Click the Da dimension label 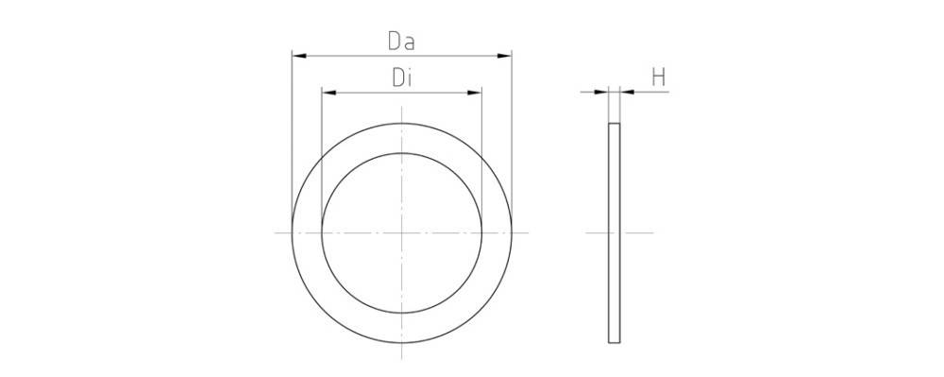click(402, 42)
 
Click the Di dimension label click(402, 77)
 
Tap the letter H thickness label click(660, 77)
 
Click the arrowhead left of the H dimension click(601, 92)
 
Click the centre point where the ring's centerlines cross click(402, 232)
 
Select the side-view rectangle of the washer click(615, 232)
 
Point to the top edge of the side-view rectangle click(615, 124)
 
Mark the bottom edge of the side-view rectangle click(615, 342)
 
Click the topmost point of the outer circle click(402, 123)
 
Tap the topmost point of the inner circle click(402, 153)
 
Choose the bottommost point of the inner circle click(402, 313)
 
